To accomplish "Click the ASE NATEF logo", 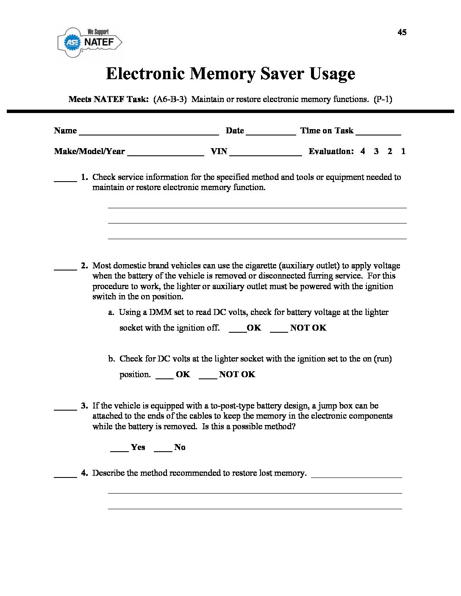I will point(90,42).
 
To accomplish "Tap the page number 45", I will point(402,32).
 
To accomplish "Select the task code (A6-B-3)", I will point(169,99).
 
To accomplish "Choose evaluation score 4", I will point(363,151).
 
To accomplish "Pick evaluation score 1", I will point(403,151).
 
